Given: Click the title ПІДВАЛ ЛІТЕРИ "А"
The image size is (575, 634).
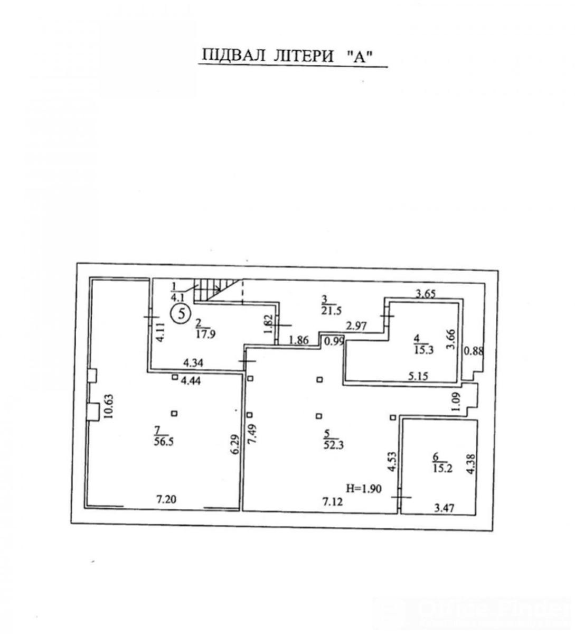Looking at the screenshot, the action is coord(287,56).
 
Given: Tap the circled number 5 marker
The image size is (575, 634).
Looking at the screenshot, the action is coord(181,313).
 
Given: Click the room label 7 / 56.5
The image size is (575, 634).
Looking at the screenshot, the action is coord(164,436).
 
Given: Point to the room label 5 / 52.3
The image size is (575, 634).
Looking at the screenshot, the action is coord(334,440).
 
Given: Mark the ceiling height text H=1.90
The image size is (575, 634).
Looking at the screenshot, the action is coord(364,489).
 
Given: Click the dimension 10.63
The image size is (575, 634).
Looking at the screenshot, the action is coord(109,406).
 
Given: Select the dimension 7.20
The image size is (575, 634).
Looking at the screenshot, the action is coord(166,499).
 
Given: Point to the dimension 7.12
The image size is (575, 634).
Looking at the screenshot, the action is coord(332,501).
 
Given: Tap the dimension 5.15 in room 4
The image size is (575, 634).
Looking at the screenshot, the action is coord(418,376).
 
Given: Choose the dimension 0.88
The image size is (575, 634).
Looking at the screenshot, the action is coord(473,351).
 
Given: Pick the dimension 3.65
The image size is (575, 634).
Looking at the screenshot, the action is coord(425,294).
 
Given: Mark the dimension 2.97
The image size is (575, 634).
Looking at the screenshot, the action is coord(356,325).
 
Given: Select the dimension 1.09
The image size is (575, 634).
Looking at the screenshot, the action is coord(457,402).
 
